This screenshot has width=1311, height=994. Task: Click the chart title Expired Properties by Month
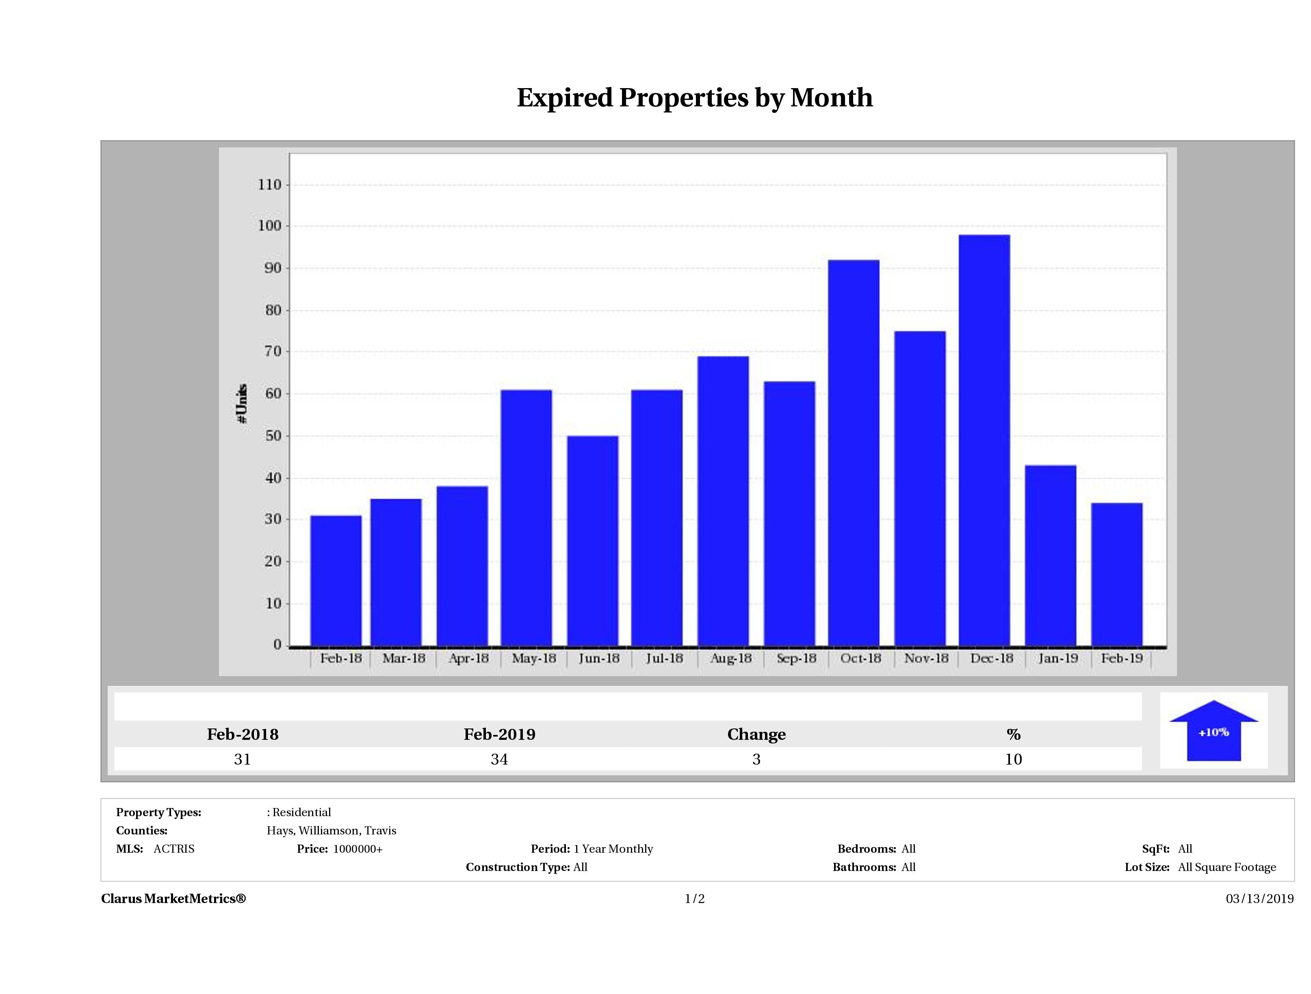coord(695,98)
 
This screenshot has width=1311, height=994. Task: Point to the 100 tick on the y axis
coord(270,226)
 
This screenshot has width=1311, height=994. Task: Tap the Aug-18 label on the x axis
coord(731,658)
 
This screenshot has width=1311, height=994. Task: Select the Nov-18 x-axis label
coord(926,658)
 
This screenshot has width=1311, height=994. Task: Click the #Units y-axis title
coord(242,403)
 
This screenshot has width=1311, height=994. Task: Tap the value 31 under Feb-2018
coord(243,759)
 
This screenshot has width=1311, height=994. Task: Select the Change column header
coord(756,735)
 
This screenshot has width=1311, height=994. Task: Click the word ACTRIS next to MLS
coord(173,849)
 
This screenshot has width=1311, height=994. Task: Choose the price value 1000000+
coord(358,849)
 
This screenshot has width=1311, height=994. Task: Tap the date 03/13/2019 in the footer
coord(1259,899)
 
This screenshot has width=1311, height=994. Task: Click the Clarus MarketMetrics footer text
coord(173,899)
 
